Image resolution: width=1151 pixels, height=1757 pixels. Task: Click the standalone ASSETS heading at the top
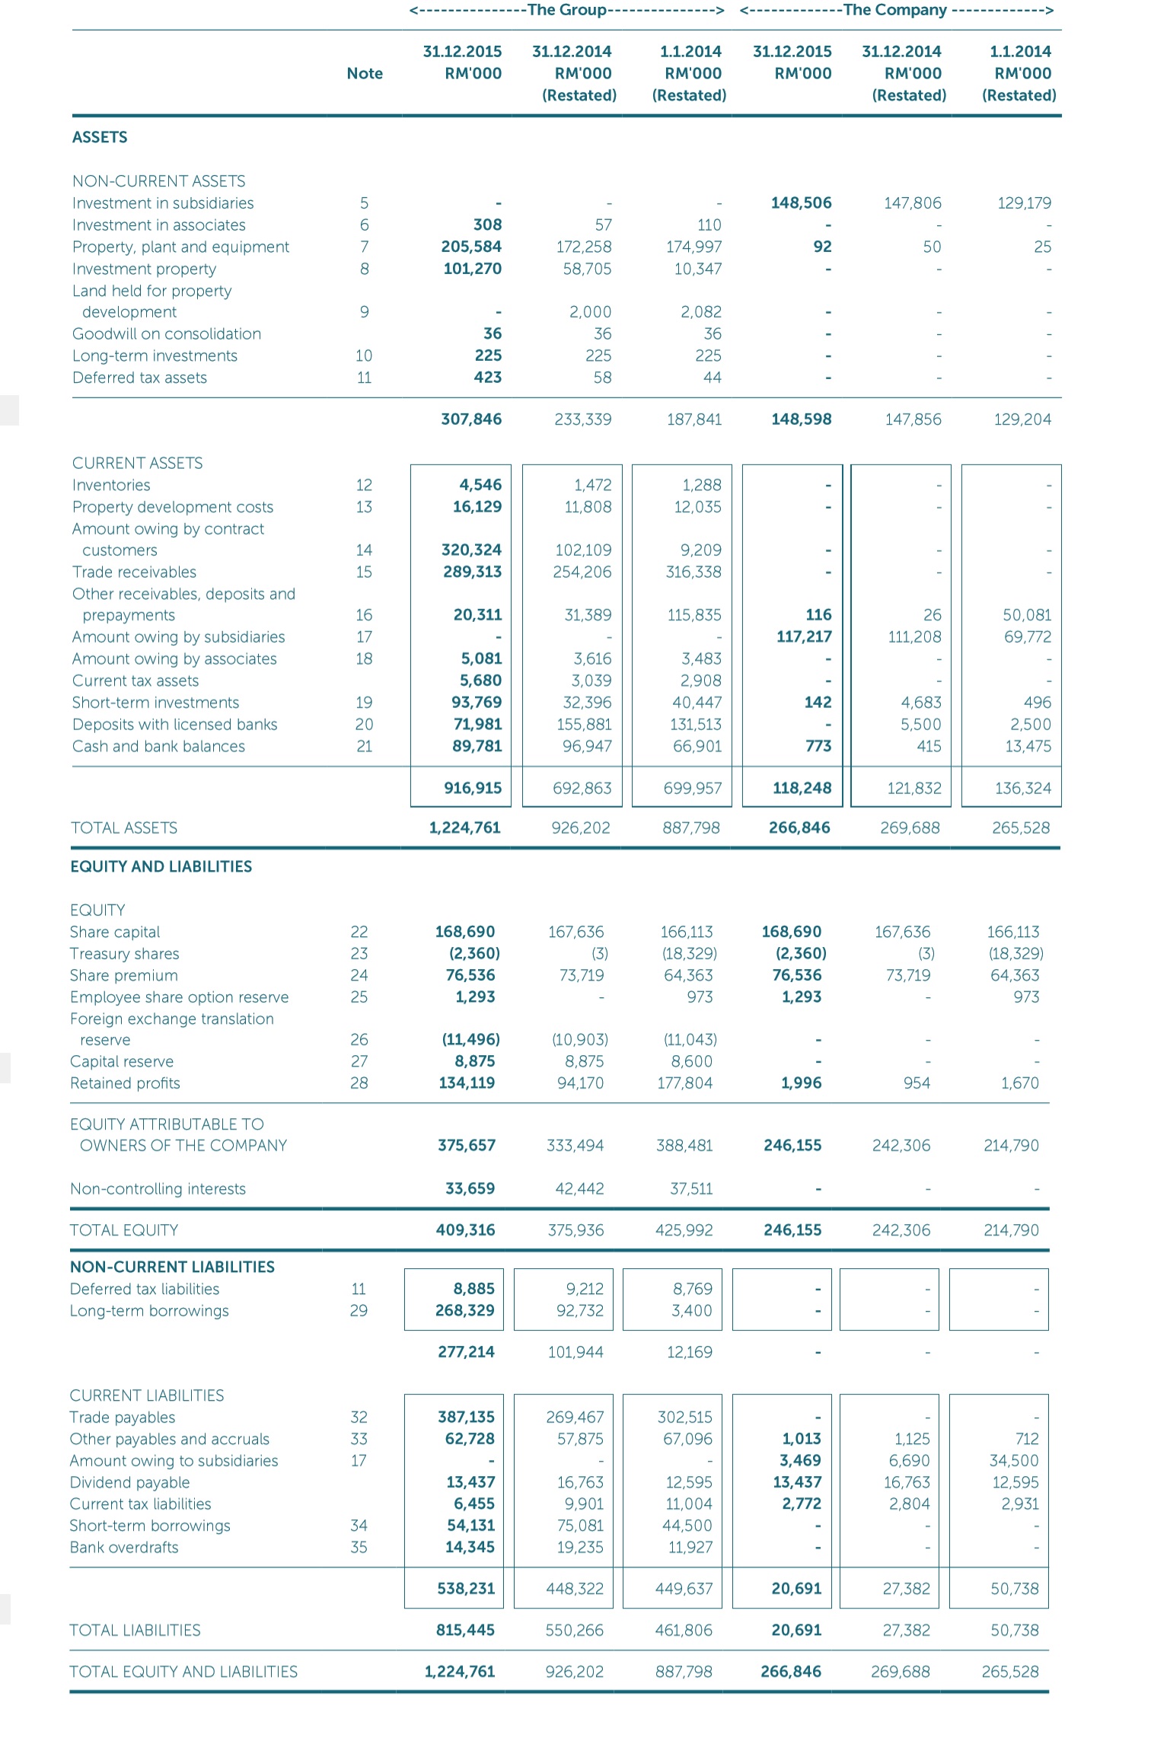click(100, 137)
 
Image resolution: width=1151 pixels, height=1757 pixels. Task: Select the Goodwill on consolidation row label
click(166, 333)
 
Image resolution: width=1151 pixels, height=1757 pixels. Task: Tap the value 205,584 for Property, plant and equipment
click(472, 247)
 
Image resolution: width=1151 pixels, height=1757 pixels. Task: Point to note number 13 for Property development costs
click(364, 507)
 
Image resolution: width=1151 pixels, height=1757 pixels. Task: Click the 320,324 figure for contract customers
click(472, 550)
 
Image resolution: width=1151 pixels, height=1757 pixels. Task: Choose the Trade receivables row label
click(134, 572)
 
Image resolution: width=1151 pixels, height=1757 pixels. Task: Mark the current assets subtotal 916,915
click(473, 788)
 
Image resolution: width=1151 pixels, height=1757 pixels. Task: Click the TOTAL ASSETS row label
click(124, 827)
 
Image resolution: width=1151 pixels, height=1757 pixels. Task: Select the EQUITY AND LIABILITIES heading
click(161, 866)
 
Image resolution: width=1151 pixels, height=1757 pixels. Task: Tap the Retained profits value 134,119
click(466, 1083)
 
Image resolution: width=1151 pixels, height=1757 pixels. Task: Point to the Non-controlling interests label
click(158, 1188)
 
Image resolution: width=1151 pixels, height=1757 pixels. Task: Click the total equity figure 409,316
click(465, 1229)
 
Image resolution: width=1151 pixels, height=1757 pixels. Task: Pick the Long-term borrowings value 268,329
click(464, 1310)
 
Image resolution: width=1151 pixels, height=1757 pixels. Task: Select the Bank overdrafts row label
click(124, 1547)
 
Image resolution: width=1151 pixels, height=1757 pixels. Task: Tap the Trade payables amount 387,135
click(466, 1417)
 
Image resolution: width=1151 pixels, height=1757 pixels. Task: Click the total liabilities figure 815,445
click(465, 1630)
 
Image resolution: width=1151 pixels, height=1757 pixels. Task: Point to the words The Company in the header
click(894, 10)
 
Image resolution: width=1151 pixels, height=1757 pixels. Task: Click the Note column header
click(365, 73)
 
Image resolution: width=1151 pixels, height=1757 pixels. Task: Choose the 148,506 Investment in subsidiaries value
click(801, 202)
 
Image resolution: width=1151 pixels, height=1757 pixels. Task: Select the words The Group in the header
click(566, 10)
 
